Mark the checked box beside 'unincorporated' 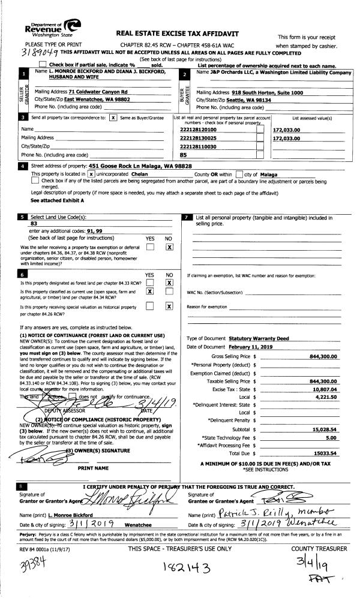91,173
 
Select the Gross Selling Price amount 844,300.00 322,356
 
